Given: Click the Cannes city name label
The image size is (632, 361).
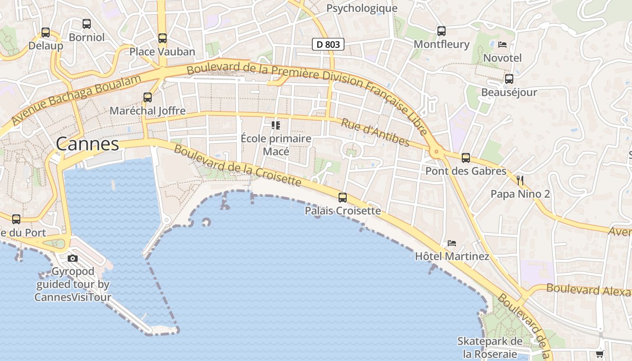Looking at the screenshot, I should pos(88,144).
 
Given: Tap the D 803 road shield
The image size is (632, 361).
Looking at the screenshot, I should pos(328,44).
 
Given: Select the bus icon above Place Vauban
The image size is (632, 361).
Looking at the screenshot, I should pos(163,38).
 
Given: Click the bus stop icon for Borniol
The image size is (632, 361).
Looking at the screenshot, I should pos(87,24).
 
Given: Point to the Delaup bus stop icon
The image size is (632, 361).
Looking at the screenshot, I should pos(46,32).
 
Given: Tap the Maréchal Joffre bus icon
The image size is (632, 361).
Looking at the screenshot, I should pos(148,97).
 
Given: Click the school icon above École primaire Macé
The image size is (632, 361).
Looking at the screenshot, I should pos(276,125).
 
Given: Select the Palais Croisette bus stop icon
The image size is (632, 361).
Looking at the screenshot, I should pos(343,197).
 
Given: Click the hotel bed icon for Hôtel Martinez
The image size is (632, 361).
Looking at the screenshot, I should pos(452,243).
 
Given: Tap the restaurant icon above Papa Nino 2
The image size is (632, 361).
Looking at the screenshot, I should pos(520,180).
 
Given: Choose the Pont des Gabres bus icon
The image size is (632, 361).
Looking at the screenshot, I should pos(466,158).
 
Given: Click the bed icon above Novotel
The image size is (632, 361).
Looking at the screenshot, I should pos(502,44).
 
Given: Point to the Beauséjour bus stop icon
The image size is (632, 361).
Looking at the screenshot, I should pos(509,79).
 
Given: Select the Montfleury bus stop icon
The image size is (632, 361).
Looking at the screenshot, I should pos(441,31).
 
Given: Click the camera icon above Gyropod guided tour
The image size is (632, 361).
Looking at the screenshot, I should pos(73,258).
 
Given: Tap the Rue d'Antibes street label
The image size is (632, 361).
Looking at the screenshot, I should pos(375,133).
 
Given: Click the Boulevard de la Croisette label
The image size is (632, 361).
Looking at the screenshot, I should pos(237,166).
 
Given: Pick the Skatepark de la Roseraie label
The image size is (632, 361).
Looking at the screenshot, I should pos(490,347).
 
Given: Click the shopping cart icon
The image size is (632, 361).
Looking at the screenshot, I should pos(600,354).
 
